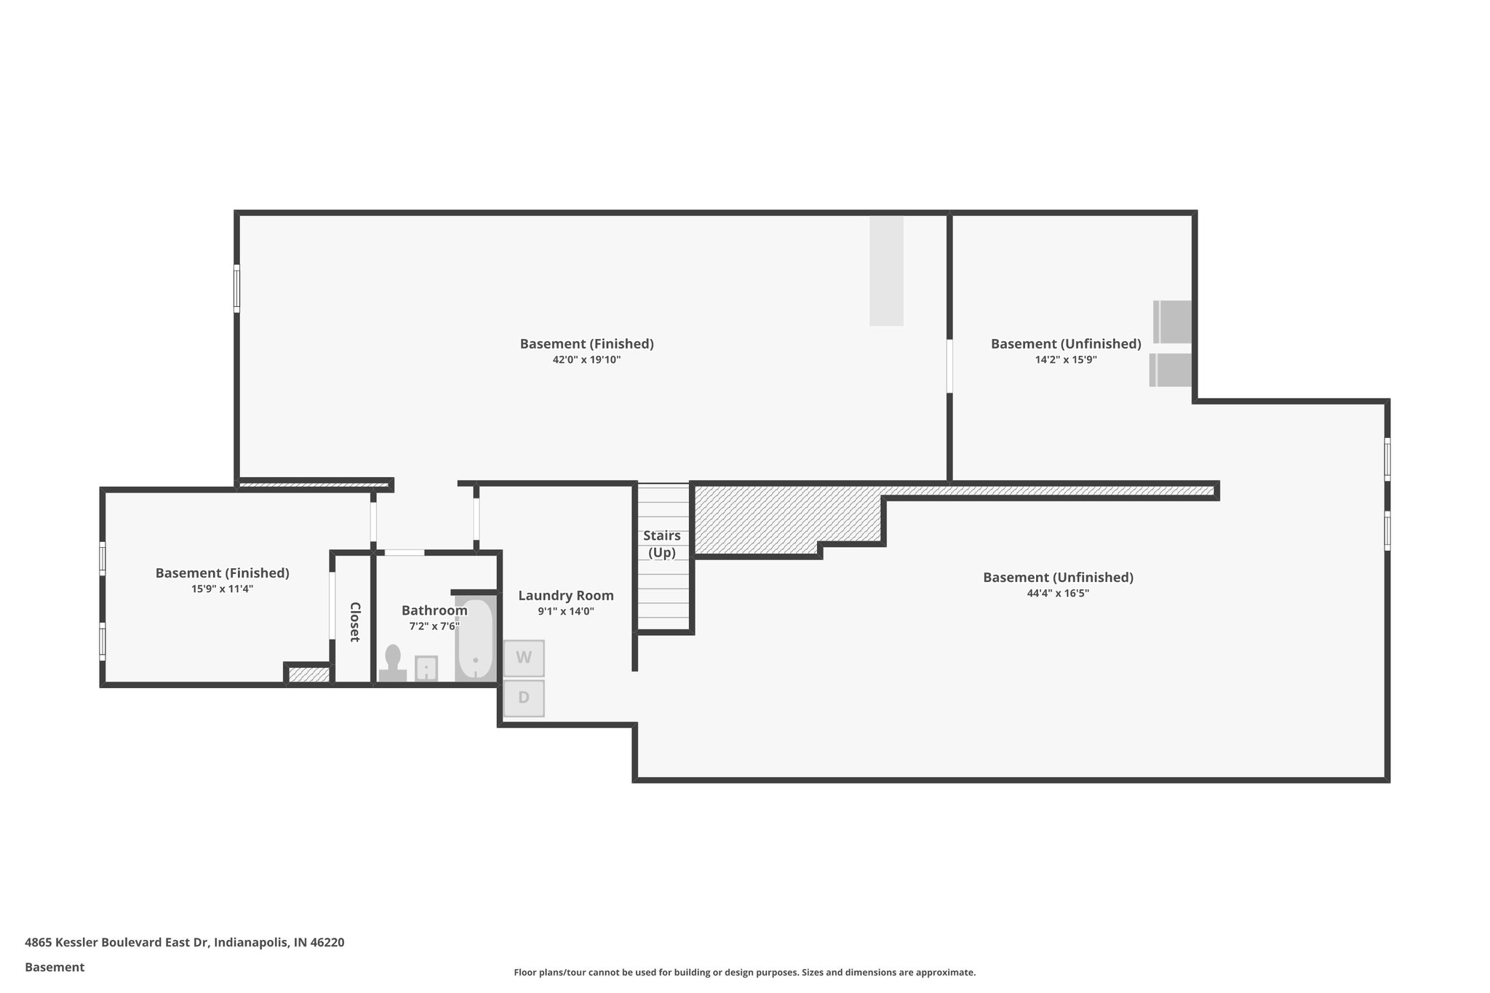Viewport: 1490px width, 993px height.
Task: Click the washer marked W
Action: (524, 658)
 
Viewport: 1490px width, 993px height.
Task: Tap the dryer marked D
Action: (524, 698)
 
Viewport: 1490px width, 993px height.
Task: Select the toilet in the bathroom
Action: (393, 664)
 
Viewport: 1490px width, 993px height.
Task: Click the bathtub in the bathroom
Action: (475, 639)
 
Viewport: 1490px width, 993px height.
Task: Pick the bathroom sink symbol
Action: (426, 668)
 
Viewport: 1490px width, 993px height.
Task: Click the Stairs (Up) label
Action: (662, 544)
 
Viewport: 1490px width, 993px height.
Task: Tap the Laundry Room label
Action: (566, 596)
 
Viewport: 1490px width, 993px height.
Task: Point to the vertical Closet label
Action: (354, 622)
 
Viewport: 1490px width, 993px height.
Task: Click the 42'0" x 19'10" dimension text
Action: (586, 359)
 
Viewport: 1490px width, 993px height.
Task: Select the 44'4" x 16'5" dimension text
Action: (1058, 593)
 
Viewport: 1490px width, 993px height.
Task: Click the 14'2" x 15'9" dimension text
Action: (1066, 359)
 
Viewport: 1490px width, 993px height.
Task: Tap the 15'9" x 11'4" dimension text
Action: (222, 589)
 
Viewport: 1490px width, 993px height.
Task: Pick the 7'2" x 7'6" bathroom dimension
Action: (434, 626)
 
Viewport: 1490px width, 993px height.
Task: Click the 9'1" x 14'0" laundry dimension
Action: (566, 612)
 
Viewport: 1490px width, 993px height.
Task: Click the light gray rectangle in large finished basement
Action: (886, 271)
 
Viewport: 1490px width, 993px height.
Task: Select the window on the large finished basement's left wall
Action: (236, 289)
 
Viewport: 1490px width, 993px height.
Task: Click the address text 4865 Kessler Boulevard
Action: (184, 943)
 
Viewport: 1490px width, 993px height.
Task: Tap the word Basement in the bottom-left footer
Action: (55, 968)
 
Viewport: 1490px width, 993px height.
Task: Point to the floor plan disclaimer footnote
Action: (744, 972)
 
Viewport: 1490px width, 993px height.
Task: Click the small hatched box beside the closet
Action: (308, 674)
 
